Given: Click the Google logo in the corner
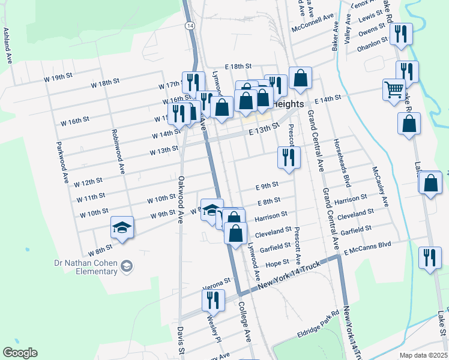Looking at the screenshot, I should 20,353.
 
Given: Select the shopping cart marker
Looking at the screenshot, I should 394,90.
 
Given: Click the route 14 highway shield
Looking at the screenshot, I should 190,26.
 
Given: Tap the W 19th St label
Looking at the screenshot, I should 58,78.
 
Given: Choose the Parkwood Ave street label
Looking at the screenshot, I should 62,162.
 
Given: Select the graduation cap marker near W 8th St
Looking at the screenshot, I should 122,227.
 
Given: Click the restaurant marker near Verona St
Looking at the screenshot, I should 214,299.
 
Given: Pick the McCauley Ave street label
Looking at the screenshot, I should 381,186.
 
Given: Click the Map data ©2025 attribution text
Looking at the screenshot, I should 423,355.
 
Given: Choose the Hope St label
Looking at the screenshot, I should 277,263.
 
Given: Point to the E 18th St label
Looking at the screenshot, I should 238,67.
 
